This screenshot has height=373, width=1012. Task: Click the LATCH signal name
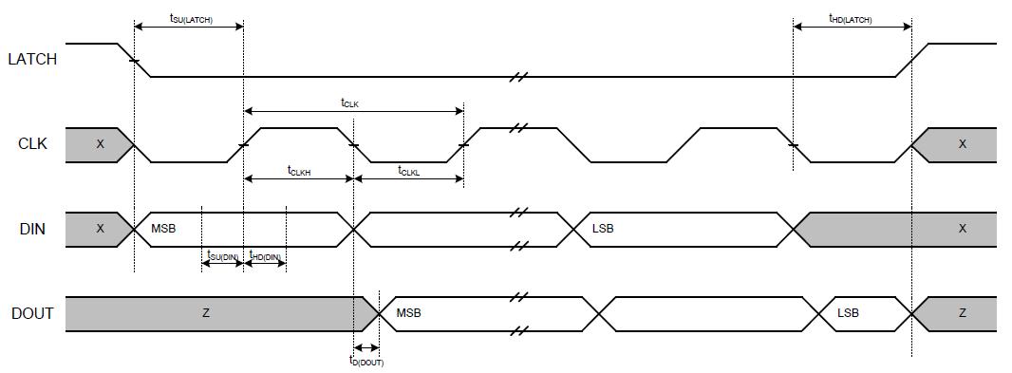click(x=32, y=60)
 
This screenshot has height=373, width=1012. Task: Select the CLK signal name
click(x=32, y=144)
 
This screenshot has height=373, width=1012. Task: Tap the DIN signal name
click(x=32, y=229)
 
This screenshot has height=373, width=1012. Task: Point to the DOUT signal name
click(x=32, y=313)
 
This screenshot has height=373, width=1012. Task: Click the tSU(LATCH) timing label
click(x=191, y=19)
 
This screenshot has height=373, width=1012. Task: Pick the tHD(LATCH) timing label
click(x=851, y=19)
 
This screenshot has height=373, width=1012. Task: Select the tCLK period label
click(x=349, y=102)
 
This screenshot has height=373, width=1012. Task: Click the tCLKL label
click(x=408, y=171)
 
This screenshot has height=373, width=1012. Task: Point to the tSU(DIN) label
click(x=223, y=256)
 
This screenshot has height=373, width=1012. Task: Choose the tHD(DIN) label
click(x=265, y=256)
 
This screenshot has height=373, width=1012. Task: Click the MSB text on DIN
click(x=163, y=229)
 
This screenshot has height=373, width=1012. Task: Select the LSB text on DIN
click(x=603, y=229)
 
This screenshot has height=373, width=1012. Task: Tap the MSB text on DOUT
click(x=408, y=313)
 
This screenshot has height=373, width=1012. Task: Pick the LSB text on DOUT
click(x=848, y=313)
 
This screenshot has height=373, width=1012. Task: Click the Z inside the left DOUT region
click(x=206, y=313)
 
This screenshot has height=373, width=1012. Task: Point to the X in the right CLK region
click(x=963, y=144)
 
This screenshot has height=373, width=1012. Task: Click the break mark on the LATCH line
click(x=518, y=76)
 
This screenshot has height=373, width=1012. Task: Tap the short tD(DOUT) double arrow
click(x=366, y=347)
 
